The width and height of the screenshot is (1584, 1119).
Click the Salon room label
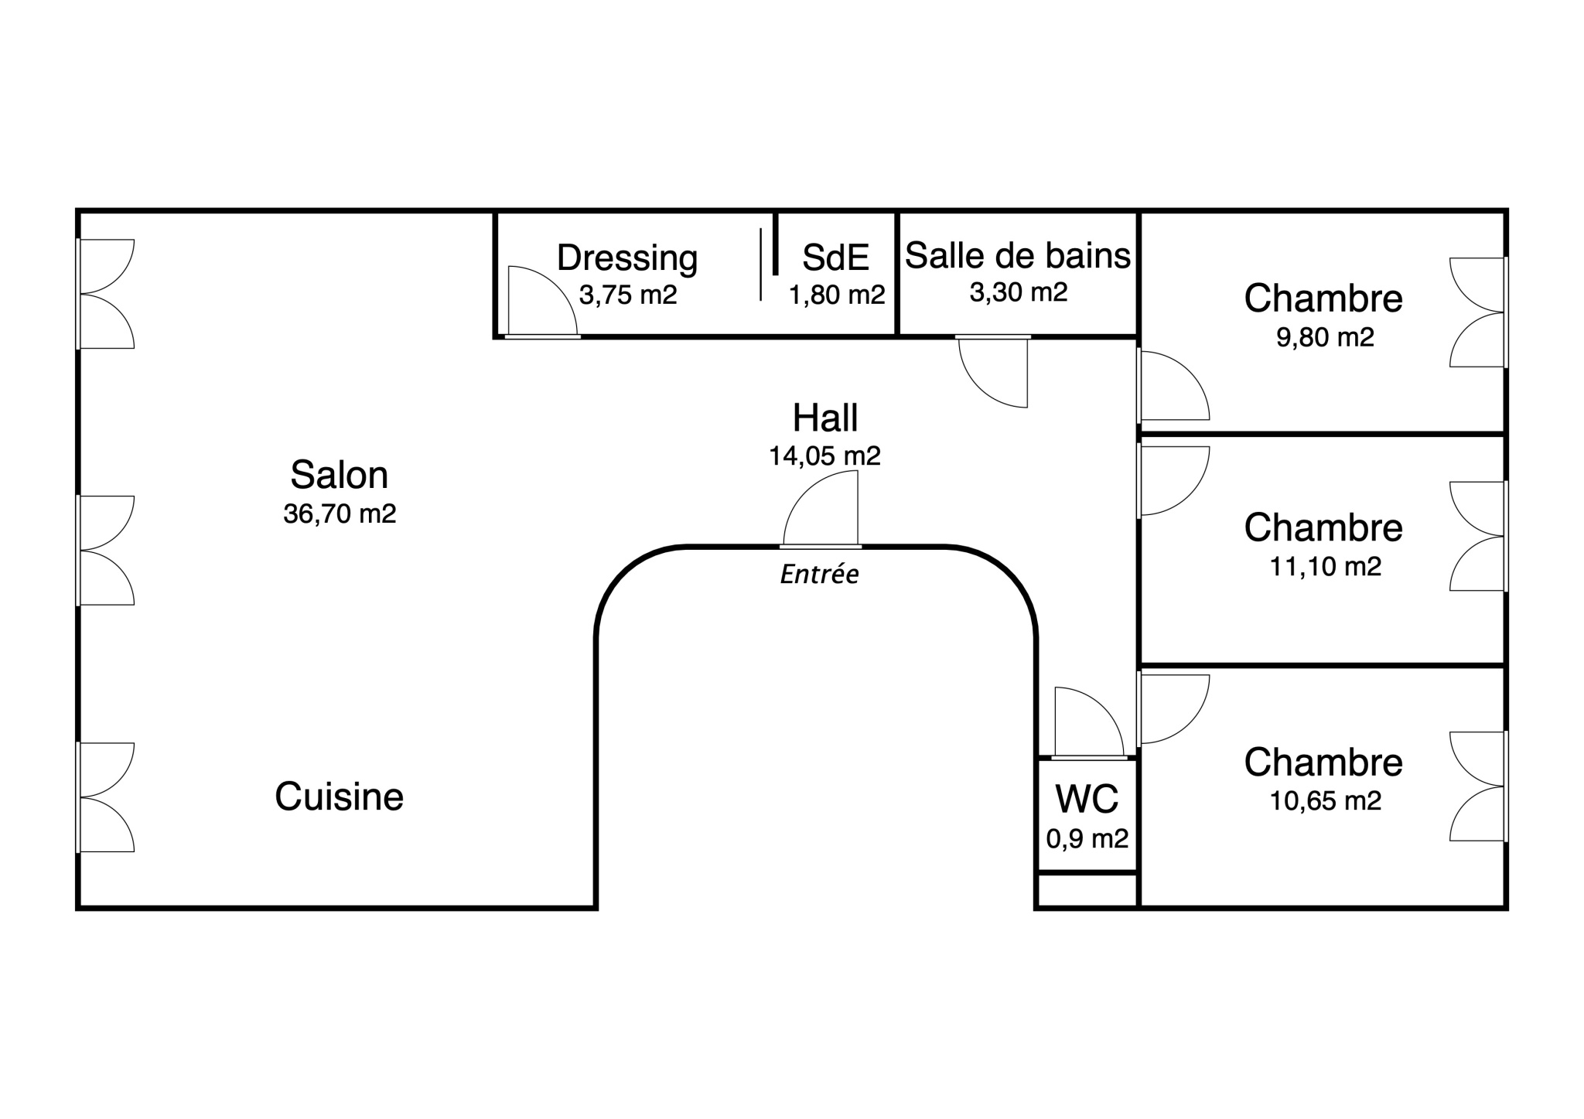339,475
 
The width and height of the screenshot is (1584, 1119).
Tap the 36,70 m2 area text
340,513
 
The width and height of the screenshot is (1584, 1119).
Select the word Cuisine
339,797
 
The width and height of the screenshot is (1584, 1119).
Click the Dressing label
627,258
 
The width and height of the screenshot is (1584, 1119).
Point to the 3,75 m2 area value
627,295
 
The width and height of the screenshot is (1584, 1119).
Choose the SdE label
836,258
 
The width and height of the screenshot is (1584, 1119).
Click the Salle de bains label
1018,255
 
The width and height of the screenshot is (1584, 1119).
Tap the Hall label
825,418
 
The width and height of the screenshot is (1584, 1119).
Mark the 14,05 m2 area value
824,456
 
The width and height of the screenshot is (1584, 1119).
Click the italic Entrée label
820,575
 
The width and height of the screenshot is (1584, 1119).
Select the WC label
1087,799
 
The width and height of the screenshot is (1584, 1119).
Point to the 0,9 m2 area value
1087,838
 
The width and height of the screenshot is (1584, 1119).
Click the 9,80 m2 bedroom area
1325,337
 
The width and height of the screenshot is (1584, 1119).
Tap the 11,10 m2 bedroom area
1325,567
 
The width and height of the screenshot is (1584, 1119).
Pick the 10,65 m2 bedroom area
1325,800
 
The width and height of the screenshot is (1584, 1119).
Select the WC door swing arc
1104,705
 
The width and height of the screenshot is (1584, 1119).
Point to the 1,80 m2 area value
837,295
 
